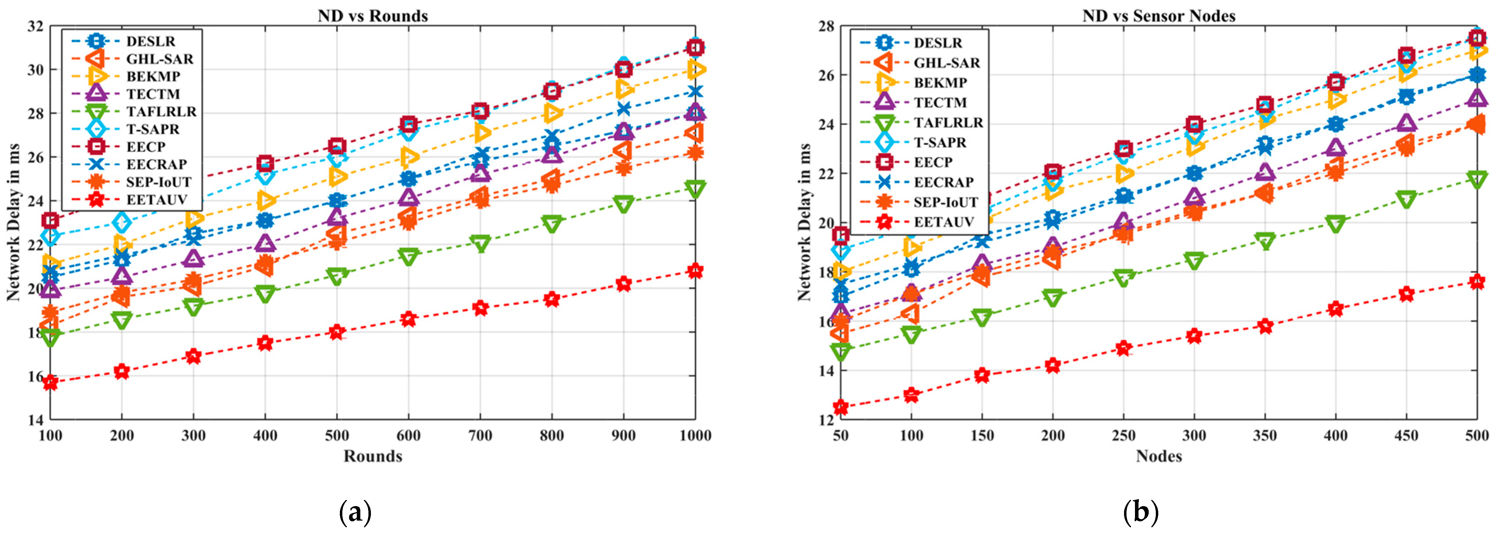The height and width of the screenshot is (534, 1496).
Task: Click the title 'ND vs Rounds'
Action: (372, 16)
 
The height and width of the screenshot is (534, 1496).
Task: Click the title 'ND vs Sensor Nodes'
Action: (1159, 16)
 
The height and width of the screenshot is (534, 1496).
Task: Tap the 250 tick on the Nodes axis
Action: (1123, 435)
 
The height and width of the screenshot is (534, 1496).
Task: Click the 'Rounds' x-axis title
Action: (373, 456)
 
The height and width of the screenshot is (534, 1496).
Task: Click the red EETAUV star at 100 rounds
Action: (50, 382)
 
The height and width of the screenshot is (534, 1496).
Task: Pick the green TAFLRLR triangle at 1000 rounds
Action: (695, 189)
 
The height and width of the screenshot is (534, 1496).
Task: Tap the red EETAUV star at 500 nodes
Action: (1477, 282)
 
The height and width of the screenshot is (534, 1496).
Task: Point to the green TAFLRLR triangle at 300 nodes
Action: (1194, 261)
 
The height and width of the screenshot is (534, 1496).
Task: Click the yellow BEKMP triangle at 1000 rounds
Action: (695, 69)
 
